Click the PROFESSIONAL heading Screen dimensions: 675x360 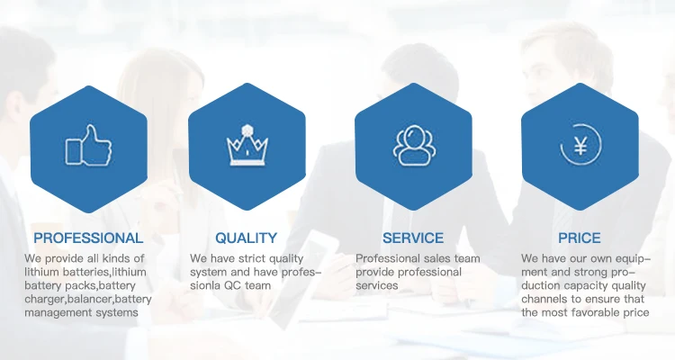pyautogui.click(x=88, y=238)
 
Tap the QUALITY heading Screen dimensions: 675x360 pyautogui.click(x=247, y=238)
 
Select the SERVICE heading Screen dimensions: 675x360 pyautogui.click(x=413, y=238)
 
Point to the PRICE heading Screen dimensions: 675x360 pyautogui.click(x=580, y=238)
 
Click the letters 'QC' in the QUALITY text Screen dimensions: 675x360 pyautogui.click(x=232, y=285)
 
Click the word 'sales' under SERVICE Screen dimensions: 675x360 pyautogui.click(x=430, y=258)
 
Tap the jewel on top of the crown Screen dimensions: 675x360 pyautogui.click(x=247, y=130)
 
